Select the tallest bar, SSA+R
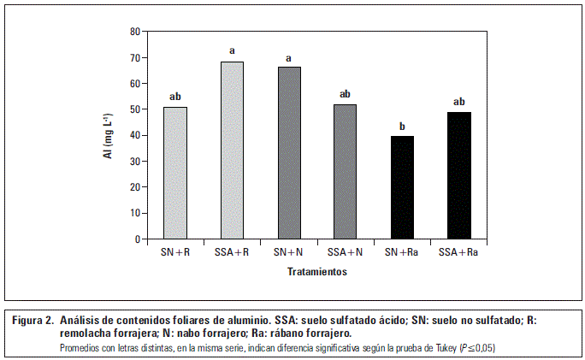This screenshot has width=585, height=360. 232,150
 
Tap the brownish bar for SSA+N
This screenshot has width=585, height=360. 345,172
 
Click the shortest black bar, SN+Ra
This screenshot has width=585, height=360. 402,187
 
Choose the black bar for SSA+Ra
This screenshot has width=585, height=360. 458,175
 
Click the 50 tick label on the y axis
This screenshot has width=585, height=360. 134,109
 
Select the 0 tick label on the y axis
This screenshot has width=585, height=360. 137,239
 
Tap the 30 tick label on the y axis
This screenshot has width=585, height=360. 134,162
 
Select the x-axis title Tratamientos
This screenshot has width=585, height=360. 316,271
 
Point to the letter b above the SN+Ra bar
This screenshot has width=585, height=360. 402,127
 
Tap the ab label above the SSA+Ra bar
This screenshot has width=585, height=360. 458,102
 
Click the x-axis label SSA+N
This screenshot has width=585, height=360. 345,253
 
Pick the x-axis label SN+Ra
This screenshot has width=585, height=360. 402,253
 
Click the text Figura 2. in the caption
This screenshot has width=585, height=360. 32,320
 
